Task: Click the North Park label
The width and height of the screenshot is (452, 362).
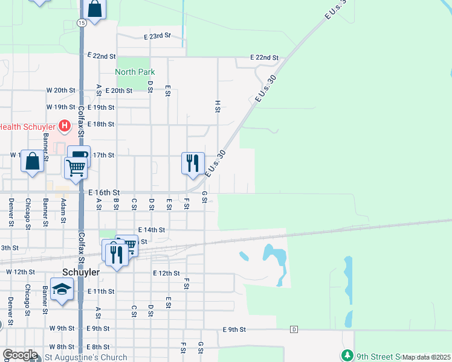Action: click(135, 72)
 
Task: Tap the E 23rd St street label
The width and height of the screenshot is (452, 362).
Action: click(158, 37)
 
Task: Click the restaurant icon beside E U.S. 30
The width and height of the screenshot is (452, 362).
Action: click(193, 162)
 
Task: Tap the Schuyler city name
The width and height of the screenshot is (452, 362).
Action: click(80, 272)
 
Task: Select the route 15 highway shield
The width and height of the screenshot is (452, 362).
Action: click(82, 22)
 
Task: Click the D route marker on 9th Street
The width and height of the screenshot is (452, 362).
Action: click(294, 329)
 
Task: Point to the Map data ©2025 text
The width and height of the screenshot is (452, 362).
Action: click(427, 357)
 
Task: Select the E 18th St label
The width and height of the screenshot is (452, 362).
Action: click(100, 124)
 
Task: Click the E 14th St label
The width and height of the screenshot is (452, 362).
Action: click(151, 230)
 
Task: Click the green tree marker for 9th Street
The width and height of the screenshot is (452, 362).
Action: click(347, 355)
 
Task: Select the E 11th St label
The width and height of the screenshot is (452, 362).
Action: click(100, 291)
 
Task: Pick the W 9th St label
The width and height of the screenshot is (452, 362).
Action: click(62, 329)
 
